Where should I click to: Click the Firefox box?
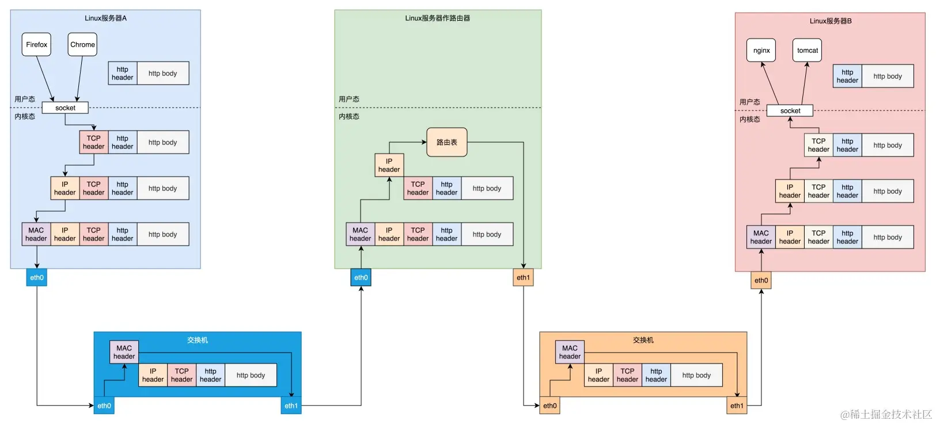click(x=36, y=44)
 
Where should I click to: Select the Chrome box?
click(x=82, y=44)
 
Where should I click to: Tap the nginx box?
click(x=761, y=50)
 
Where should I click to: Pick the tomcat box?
click(x=807, y=50)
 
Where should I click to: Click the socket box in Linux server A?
click(x=65, y=108)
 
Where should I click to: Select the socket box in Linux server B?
click(x=790, y=110)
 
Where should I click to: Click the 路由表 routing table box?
click(x=447, y=142)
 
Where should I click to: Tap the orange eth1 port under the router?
click(x=523, y=277)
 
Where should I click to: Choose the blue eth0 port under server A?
click(x=37, y=277)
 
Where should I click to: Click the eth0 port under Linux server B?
click(x=761, y=280)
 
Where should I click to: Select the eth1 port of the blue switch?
click(x=291, y=406)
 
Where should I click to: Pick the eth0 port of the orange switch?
click(x=550, y=406)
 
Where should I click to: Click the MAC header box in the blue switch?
click(x=124, y=352)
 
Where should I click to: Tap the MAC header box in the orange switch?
click(x=570, y=352)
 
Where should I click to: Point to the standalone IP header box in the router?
click(x=389, y=165)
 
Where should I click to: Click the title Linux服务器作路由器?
click(x=438, y=18)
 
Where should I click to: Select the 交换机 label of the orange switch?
click(x=643, y=340)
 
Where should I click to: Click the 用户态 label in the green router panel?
click(x=349, y=100)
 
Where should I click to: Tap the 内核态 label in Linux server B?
click(x=749, y=119)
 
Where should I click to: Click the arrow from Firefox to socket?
click(x=45, y=79)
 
